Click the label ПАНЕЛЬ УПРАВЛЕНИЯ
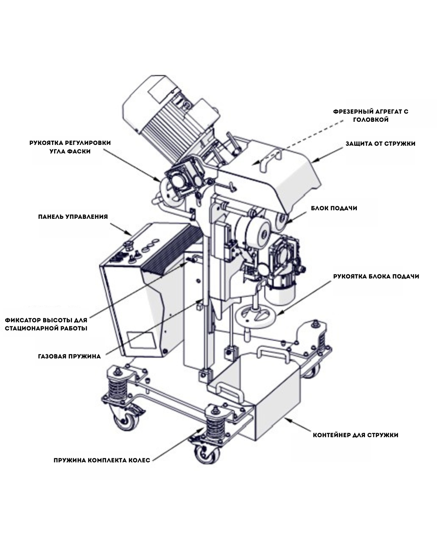pyautogui.click(x=73, y=216)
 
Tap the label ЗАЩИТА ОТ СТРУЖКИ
pyautogui.click(x=380, y=144)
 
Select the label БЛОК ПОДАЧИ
pyautogui.click(x=334, y=208)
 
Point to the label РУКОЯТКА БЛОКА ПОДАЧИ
pyautogui.click(x=376, y=276)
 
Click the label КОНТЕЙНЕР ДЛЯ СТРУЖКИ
pyautogui.click(x=355, y=435)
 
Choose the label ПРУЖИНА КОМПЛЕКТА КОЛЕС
pyautogui.click(x=102, y=460)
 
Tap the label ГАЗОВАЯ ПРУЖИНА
pyautogui.click(x=69, y=357)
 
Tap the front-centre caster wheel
pyautogui.click(x=206, y=454)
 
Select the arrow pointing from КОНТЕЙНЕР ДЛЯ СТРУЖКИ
pyautogui.click(x=299, y=425)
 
